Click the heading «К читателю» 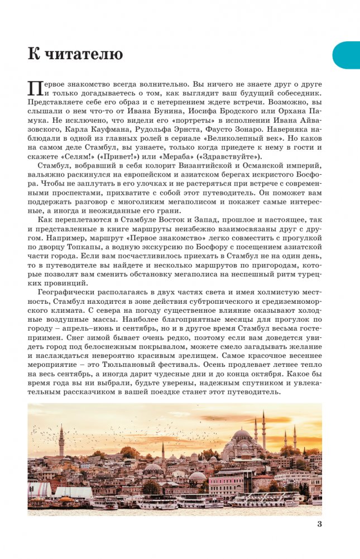75,54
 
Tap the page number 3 319,524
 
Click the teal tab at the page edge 347,55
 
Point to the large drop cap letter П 35,88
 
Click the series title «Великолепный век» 261,142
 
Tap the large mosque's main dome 242,434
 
